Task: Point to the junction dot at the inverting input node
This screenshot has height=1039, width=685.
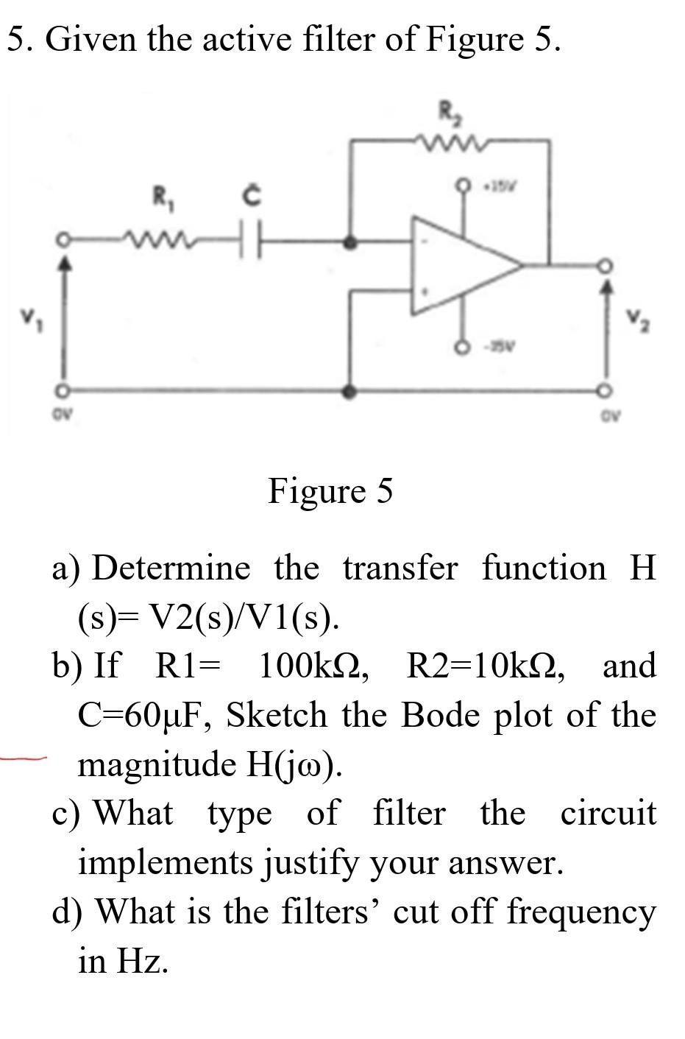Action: [x=352, y=241]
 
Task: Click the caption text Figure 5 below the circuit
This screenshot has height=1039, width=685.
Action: [x=330, y=490]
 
